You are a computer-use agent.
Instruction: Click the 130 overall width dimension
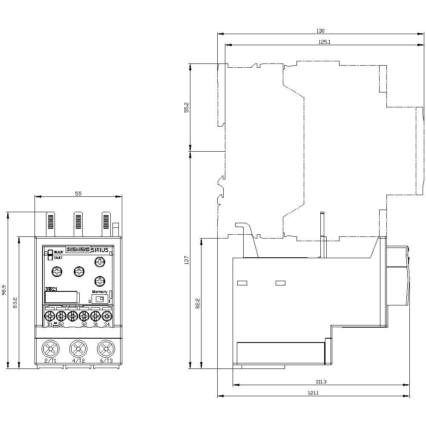coord(320,31)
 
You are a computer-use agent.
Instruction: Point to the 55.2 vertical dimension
coord(186,107)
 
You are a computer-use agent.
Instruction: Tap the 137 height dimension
coord(186,260)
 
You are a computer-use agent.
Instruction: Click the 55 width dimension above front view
coord(78,193)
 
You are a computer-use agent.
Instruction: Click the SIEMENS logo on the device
coord(78,250)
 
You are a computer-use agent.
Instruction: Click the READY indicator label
coord(58,252)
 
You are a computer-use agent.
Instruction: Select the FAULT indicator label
coord(58,258)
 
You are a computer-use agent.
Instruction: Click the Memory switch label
coord(99,292)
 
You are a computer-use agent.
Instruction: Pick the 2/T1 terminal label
coord(50,361)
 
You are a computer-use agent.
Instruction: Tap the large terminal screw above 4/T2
coord(78,349)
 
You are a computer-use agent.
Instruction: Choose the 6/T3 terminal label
coord(106,361)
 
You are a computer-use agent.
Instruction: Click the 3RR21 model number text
coord(51,289)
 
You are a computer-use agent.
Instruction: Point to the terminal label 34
coord(106,325)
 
